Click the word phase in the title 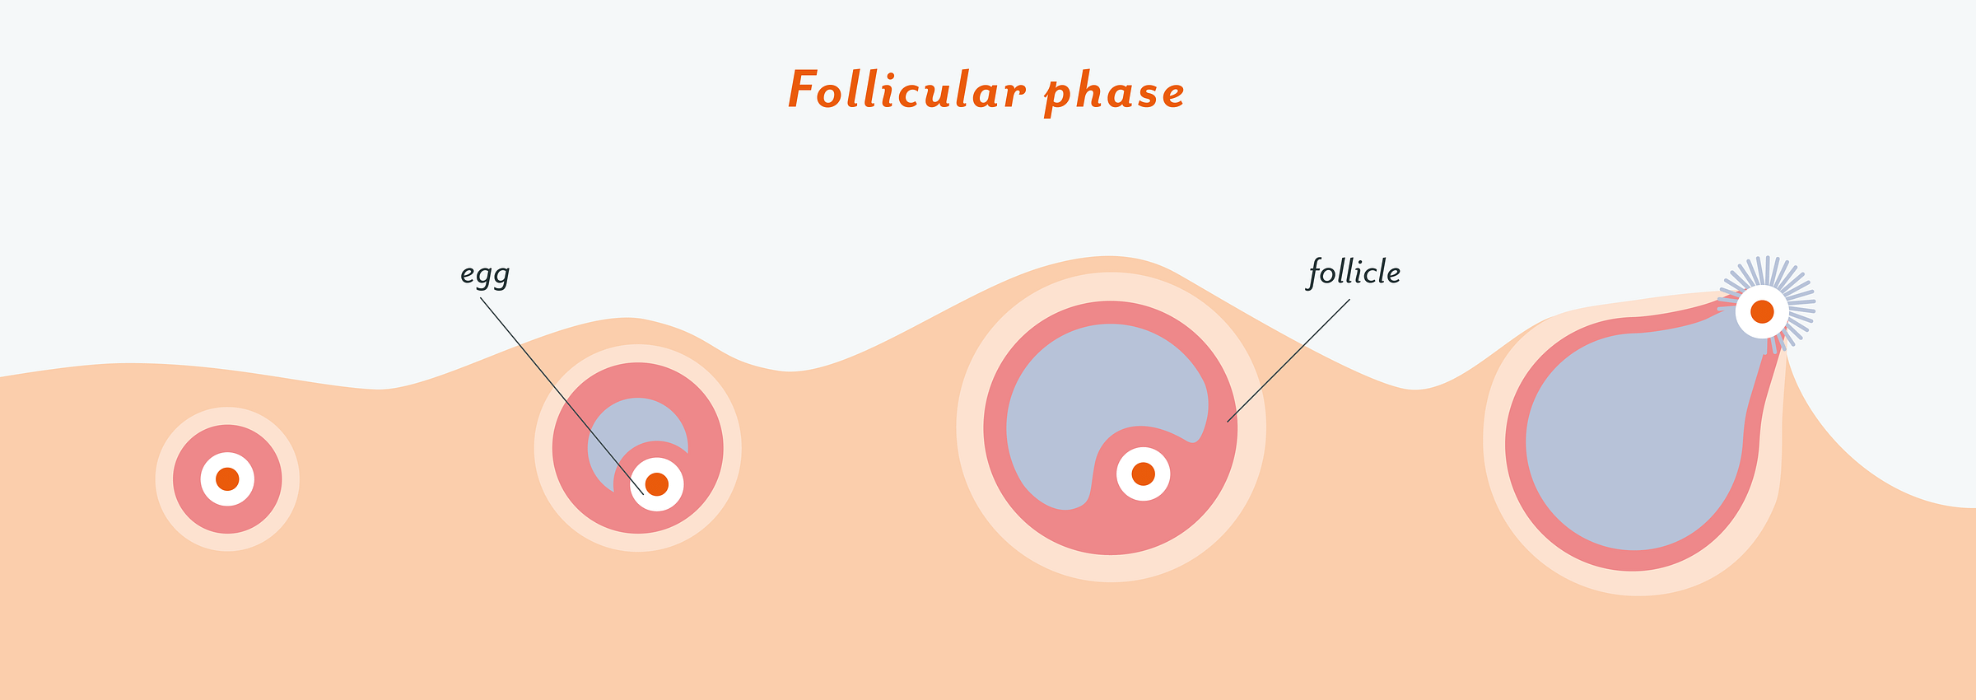coord(1115,93)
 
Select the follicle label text coord(1354,273)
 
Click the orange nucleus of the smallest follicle coord(227,479)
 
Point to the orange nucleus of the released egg coord(1762,312)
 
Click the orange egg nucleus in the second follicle coord(657,484)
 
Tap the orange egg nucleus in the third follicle coord(1143,474)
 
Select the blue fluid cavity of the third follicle coord(1103,387)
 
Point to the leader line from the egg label coord(562,396)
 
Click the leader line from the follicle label coord(1289,361)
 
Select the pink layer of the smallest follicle coord(186,479)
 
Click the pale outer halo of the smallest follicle coord(164,479)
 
